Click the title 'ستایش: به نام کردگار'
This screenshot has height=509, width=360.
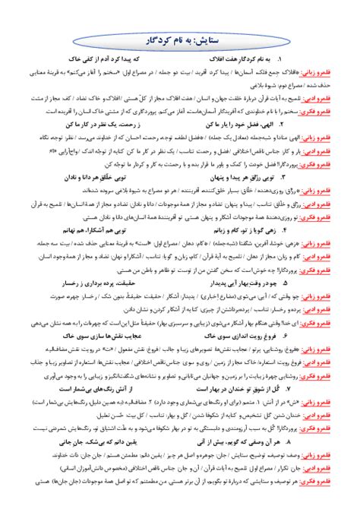tap(179, 37)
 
